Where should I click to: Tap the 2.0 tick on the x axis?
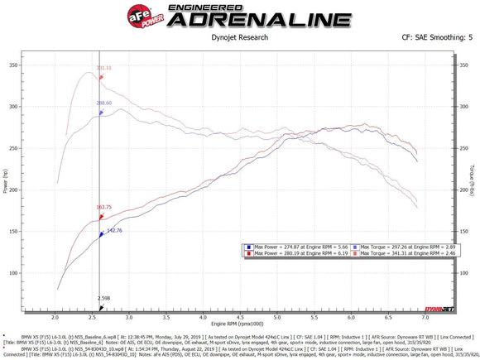point(55,316)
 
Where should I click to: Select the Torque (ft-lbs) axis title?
point(470,184)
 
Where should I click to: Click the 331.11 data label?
point(104,68)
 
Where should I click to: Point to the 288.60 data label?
point(104,103)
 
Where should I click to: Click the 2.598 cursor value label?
point(103,298)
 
